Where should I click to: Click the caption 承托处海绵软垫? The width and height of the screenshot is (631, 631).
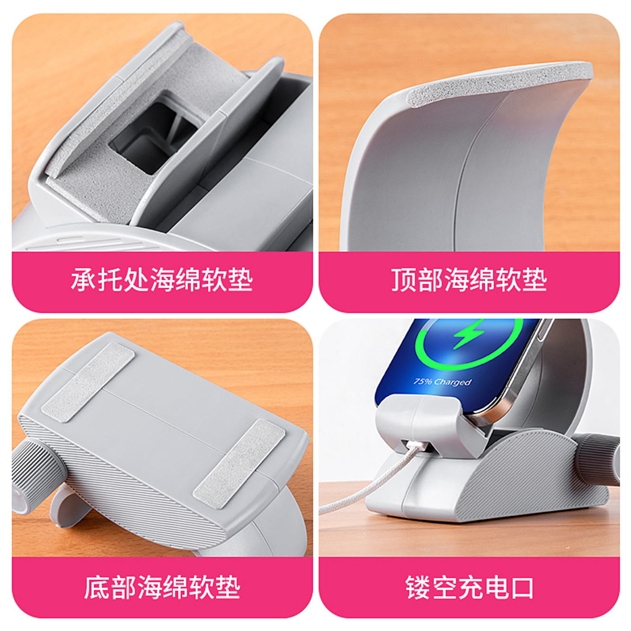coord(162,280)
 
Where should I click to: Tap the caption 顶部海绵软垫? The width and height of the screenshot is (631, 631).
coord(469,280)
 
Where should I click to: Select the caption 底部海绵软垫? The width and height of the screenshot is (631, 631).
coord(162,587)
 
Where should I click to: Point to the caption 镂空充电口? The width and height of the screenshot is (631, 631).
coord(469,587)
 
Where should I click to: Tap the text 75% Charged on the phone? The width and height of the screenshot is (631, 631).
coord(443,382)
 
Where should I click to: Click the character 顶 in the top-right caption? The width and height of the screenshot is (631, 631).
coord(403,280)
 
